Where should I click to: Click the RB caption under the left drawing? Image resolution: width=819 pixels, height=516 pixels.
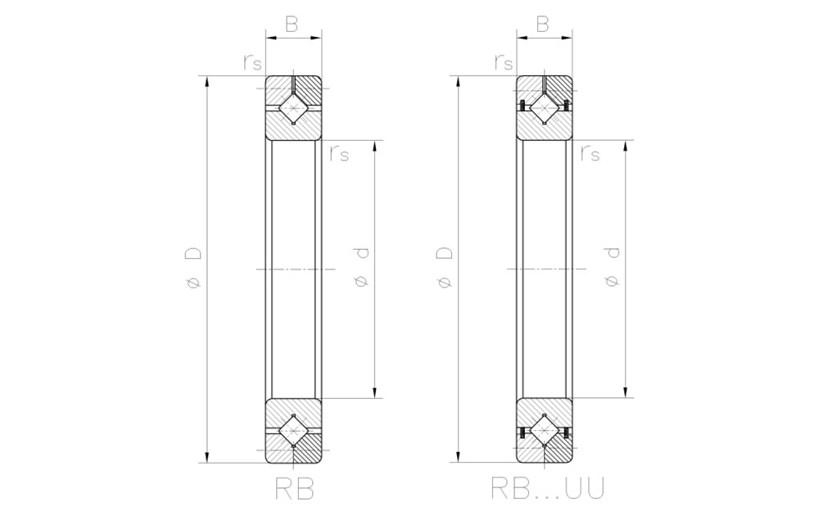[293, 488]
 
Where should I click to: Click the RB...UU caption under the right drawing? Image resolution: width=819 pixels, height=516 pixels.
[548, 488]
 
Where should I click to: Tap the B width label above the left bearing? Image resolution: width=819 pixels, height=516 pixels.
[292, 25]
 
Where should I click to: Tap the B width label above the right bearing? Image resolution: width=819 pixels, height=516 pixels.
[542, 25]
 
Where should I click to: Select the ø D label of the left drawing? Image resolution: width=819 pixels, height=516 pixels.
[194, 270]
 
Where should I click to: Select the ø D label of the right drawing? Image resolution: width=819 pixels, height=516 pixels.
[445, 270]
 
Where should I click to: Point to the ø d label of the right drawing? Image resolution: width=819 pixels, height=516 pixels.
[613, 270]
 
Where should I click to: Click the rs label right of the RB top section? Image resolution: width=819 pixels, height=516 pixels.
[338, 153]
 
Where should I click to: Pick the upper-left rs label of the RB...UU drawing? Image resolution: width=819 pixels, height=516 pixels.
[504, 61]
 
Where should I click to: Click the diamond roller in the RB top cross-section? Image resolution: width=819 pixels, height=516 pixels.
[293, 108]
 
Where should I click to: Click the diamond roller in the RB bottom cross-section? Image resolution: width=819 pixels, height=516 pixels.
[293, 431]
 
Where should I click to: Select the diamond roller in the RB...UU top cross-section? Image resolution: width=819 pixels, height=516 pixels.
[544, 108]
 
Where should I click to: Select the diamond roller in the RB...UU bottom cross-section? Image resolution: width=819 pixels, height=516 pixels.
[544, 431]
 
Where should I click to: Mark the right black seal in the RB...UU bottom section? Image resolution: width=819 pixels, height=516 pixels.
[565, 432]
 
